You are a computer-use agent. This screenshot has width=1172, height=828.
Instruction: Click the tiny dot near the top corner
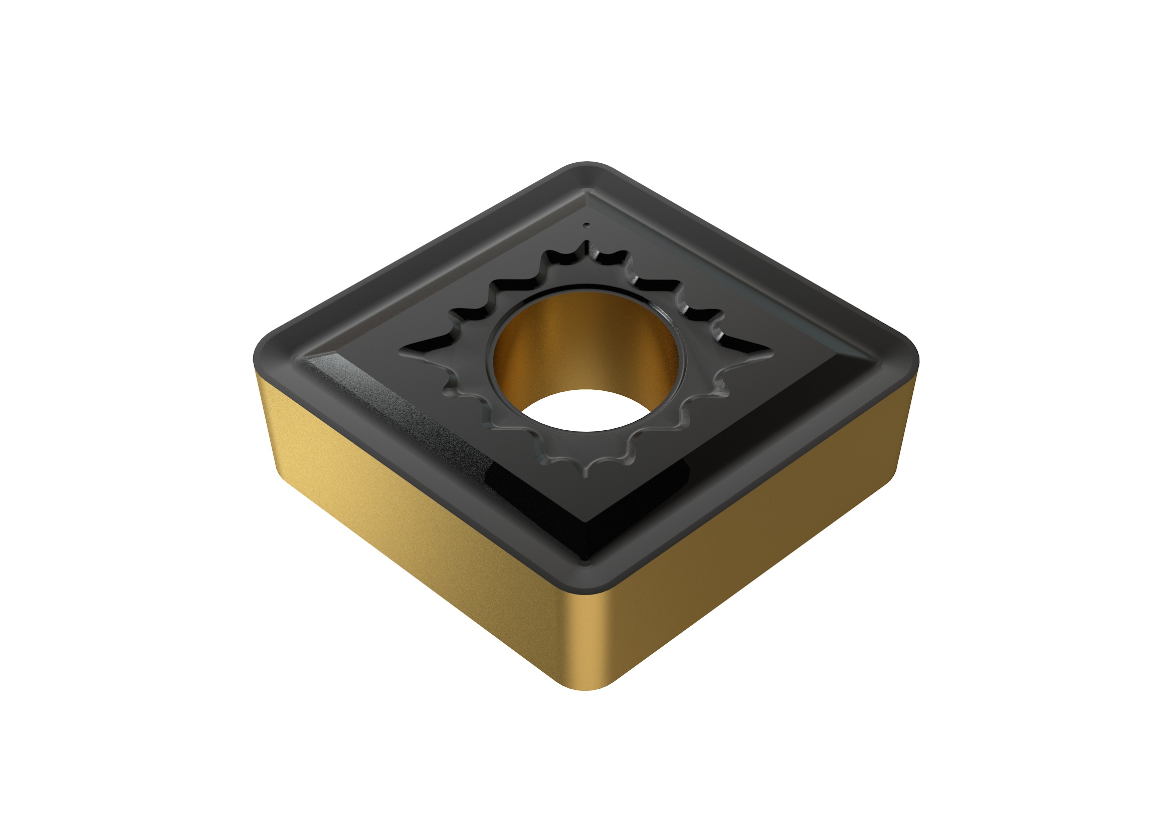tap(588, 224)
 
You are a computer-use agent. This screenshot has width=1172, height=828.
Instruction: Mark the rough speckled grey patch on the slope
tap(409, 408)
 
